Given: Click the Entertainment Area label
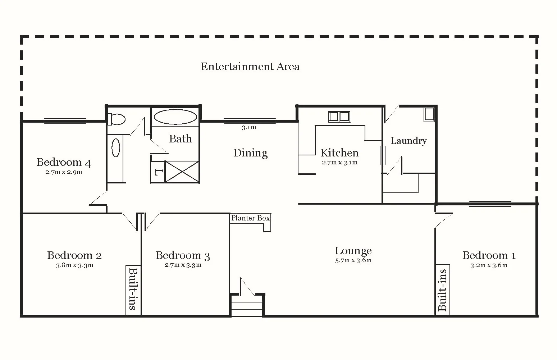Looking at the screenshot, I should [250, 67].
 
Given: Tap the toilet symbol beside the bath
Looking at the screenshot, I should [116, 119].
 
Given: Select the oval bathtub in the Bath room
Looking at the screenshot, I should [175, 117].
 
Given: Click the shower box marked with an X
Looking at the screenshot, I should [182, 172].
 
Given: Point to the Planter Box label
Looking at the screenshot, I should [250, 218].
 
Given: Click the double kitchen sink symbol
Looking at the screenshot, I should [339, 117].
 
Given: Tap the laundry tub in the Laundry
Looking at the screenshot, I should [429, 115].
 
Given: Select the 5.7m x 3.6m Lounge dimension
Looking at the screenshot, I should [353, 260].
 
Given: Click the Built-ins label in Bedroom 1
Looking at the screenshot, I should [442, 290].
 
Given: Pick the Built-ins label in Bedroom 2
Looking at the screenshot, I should [133, 289].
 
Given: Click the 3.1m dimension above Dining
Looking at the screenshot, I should [249, 127].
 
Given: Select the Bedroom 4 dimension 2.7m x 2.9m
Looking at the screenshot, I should [64, 172].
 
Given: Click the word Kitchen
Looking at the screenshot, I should [339, 153].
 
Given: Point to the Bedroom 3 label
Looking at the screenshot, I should [183, 255].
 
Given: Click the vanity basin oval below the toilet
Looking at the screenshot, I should [116, 148].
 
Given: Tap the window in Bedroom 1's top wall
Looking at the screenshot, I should [490, 204].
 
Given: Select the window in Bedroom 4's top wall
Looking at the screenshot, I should [65, 121].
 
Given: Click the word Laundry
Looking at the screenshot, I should [408, 141].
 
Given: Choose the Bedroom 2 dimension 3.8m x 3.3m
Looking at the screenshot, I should [74, 265].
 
